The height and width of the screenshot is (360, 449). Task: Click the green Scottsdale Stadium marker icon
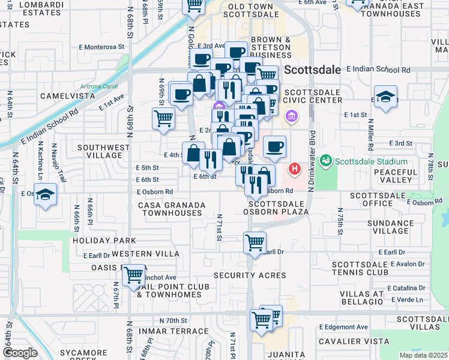(325, 160)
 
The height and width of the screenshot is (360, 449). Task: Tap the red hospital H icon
(295, 169)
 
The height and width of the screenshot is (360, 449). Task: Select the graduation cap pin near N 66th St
(46, 194)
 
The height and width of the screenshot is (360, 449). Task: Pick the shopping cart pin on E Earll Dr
(255, 242)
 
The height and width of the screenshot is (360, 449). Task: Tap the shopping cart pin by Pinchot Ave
(133, 275)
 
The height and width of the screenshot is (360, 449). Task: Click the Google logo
(20, 353)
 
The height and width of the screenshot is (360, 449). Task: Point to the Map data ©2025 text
(423, 355)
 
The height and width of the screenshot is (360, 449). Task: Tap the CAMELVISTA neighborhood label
(68, 96)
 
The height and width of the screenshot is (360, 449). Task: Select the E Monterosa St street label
(104, 46)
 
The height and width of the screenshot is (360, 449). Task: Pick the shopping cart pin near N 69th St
(163, 118)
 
